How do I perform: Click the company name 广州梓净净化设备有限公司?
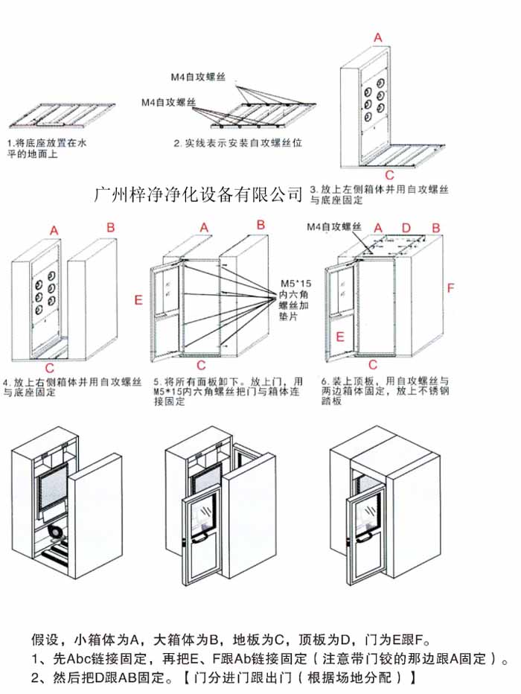tap(199, 195)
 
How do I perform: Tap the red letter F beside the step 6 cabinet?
tap(450, 287)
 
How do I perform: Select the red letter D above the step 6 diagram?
tap(406, 227)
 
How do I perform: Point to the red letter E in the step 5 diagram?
tap(138, 300)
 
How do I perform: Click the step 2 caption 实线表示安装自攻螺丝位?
tap(238, 142)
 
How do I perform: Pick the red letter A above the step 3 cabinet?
tap(377, 37)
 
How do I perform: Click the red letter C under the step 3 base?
tap(389, 176)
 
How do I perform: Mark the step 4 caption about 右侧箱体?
tap(72, 386)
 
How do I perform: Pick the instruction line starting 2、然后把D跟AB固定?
tap(223, 678)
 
